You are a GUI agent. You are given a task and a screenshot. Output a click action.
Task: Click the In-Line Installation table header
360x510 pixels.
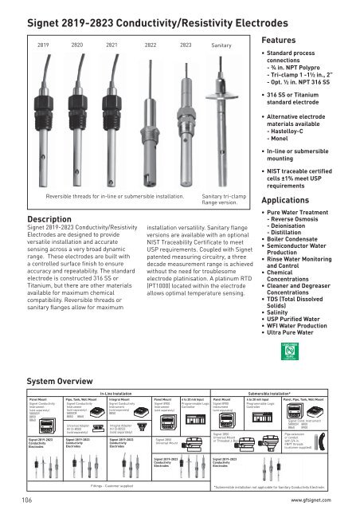pyautogui.click(x=115, y=371)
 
